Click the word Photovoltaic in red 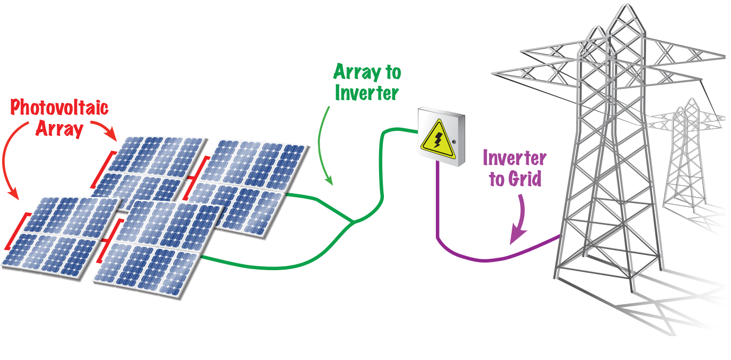point(60,108)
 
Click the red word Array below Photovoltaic point(59,129)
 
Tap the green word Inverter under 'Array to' point(367,93)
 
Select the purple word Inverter point(514,158)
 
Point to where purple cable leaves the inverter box point(436,163)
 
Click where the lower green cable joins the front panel point(201,255)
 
